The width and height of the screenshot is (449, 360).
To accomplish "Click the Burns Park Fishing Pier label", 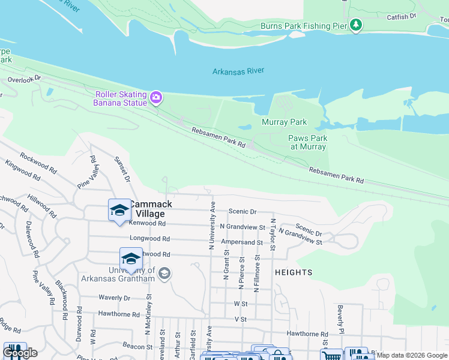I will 304,26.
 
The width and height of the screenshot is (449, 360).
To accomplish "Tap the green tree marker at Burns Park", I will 357,25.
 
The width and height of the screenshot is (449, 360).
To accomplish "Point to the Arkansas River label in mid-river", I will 238,71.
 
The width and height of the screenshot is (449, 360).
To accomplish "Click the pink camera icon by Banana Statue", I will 156,97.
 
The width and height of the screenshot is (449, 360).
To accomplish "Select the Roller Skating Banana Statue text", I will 120,98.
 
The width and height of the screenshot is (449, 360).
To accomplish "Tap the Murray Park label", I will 284,122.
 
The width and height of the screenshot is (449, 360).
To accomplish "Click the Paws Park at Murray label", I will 308,142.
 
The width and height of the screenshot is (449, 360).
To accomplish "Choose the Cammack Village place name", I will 153,209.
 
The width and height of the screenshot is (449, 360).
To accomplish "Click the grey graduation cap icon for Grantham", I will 163,274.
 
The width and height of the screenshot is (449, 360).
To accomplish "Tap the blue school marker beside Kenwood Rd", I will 119,210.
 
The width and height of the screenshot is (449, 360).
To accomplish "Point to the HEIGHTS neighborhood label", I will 294,272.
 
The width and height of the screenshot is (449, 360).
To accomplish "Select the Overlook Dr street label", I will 25,78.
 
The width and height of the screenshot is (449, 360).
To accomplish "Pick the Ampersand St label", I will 242,242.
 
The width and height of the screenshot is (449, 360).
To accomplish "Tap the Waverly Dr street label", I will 114,298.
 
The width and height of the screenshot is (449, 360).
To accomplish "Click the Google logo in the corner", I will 20,353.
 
